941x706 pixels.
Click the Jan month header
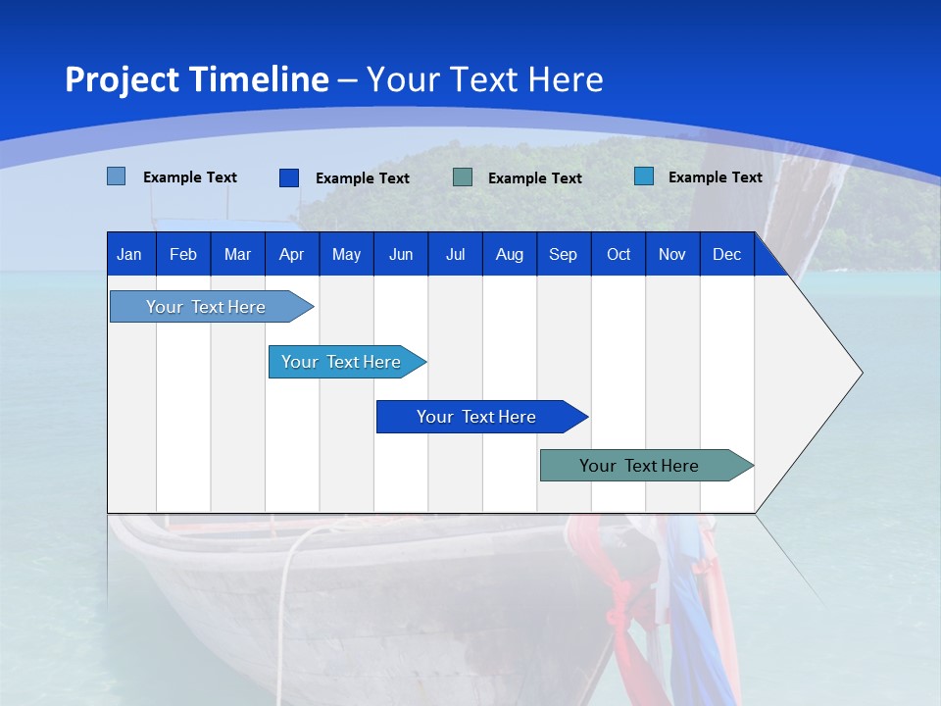pyautogui.click(x=129, y=254)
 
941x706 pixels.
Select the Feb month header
pyautogui.click(x=183, y=254)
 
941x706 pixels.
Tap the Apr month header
pyautogui.click(x=291, y=254)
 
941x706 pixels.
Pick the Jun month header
pyautogui.click(x=401, y=254)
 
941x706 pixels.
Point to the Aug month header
pyautogui.click(x=509, y=254)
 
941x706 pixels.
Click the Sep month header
pyautogui.click(x=563, y=254)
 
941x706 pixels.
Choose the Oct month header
pyautogui.click(x=619, y=254)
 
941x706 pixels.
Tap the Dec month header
pyautogui.click(x=726, y=254)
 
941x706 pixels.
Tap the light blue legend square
pyautogui.click(x=117, y=176)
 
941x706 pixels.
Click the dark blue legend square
pyautogui.click(x=289, y=177)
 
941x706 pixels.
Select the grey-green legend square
pyautogui.click(x=463, y=177)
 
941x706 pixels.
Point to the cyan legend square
pyautogui.click(x=644, y=176)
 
